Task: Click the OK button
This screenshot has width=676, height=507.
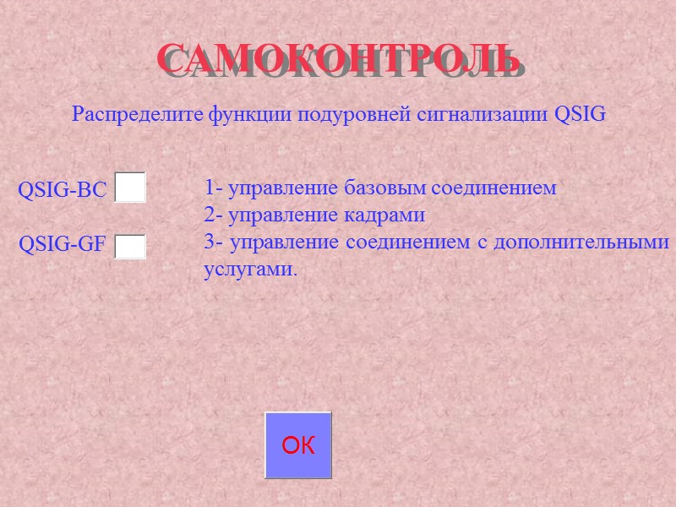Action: [x=298, y=445]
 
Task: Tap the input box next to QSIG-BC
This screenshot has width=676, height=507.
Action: [x=130, y=188]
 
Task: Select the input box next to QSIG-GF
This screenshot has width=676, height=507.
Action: [x=130, y=247]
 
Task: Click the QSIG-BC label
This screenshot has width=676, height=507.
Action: [x=63, y=191]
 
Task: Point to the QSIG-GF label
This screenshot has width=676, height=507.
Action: [x=63, y=245]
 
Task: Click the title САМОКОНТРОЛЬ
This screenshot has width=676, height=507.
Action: [x=337, y=58]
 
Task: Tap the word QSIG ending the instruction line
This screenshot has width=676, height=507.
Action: [x=580, y=114]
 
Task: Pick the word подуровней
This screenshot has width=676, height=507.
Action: [x=369, y=114]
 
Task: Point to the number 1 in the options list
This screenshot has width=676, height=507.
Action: [x=208, y=188]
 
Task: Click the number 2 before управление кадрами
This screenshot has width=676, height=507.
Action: [x=208, y=215]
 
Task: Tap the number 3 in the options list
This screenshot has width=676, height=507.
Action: [x=208, y=243]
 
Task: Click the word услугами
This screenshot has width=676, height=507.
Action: [x=251, y=270]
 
